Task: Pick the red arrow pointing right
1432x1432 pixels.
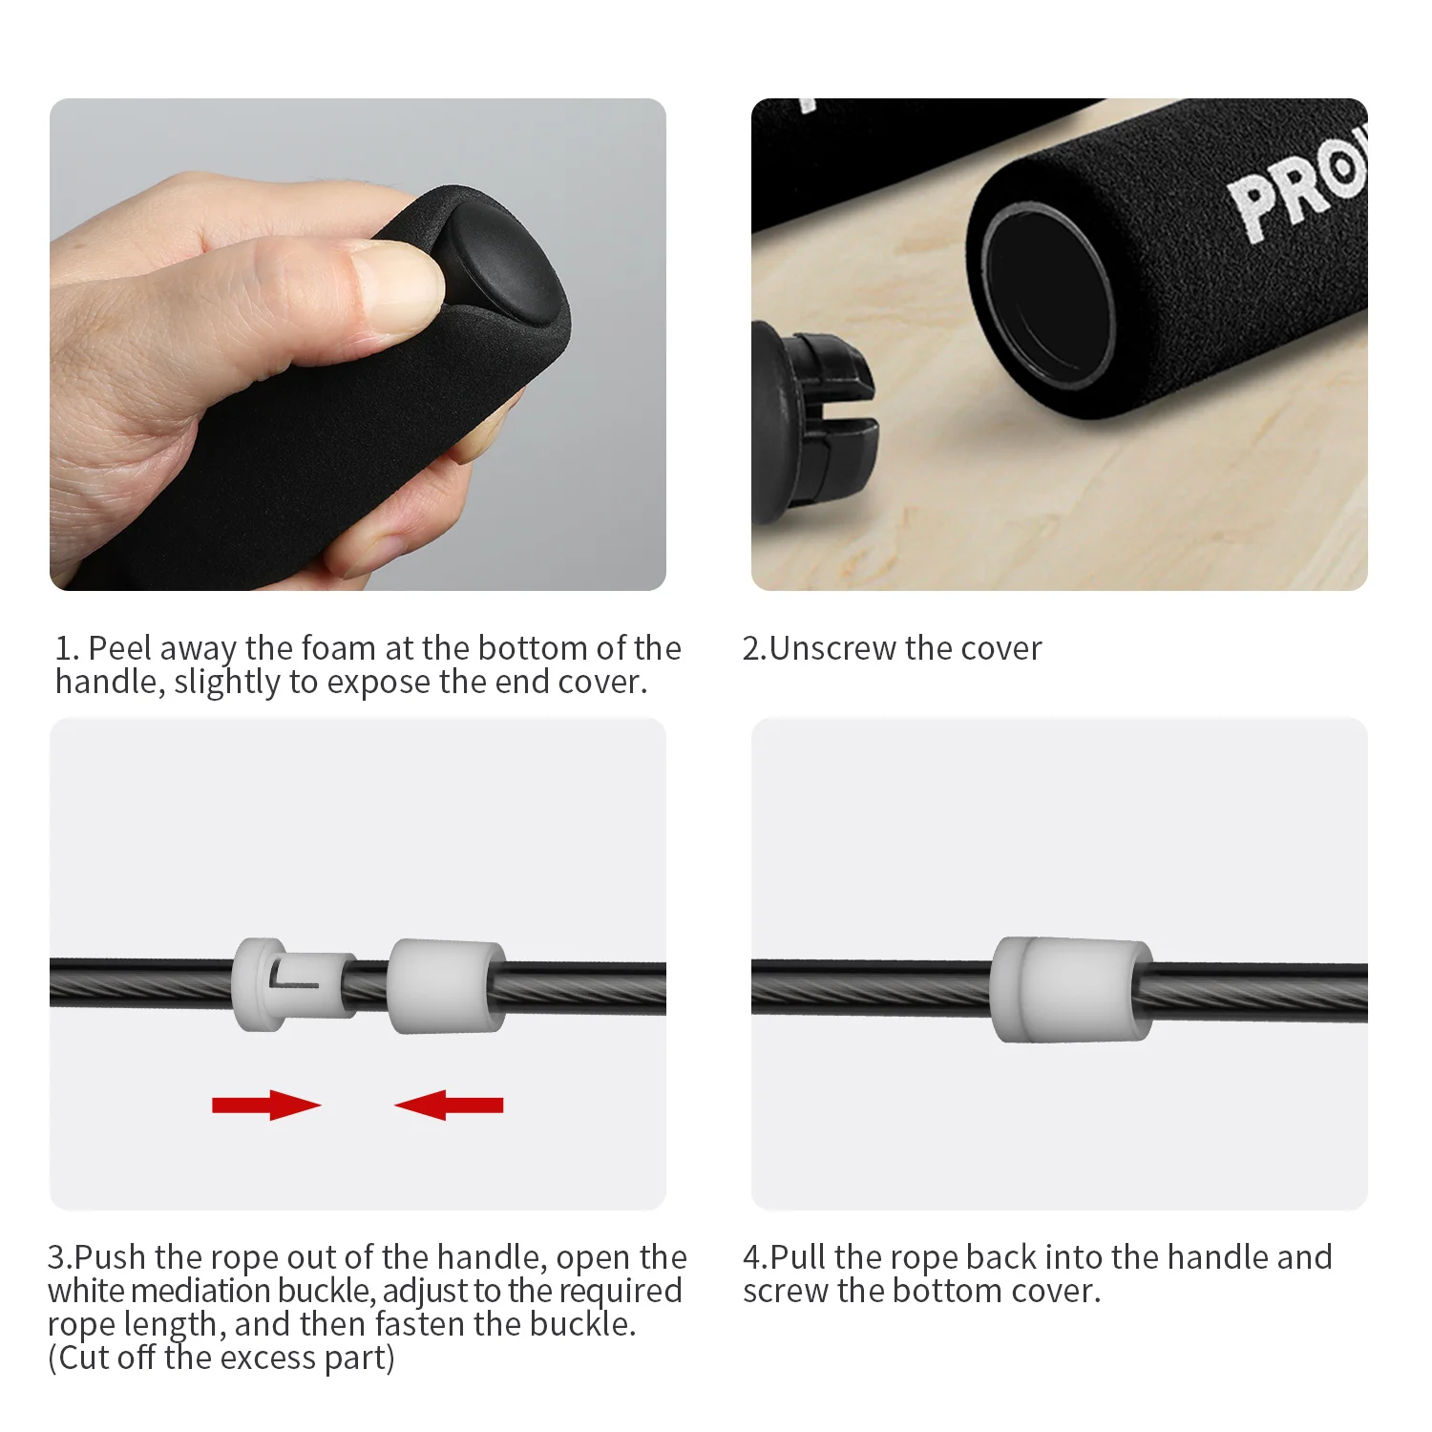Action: [266, 1105]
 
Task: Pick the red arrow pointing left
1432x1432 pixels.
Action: [449, 1105]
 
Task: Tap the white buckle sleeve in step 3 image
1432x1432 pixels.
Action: [446, 986]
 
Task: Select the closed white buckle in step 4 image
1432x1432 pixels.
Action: [1070, 989]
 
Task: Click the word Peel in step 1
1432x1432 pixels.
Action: [119, 648]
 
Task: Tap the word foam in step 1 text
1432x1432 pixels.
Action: [339, 648]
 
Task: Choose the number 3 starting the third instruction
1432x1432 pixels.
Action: [56, 1257]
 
